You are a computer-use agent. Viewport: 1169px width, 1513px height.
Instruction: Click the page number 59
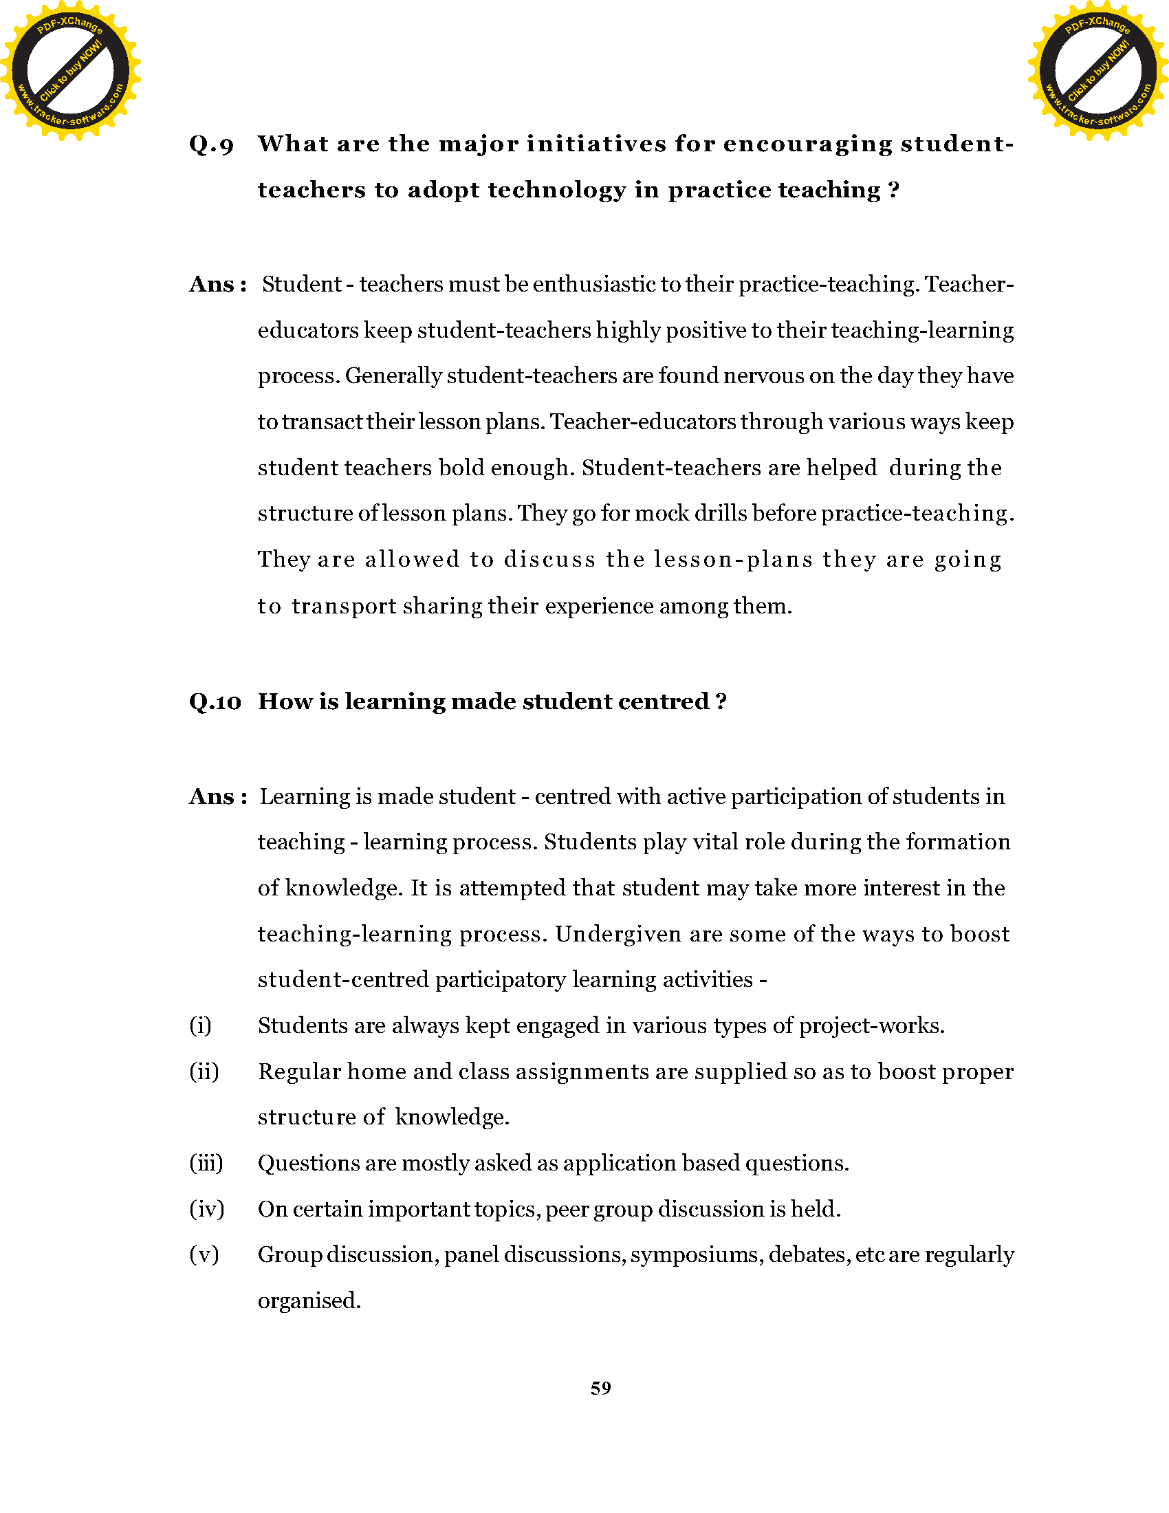coord(600,1388)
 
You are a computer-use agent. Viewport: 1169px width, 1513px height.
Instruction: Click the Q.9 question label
coord(211,145)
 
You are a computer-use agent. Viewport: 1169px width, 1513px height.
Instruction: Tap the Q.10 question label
coord(215,701)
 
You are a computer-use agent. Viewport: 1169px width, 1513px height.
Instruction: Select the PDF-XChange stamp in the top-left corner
coord(70,70)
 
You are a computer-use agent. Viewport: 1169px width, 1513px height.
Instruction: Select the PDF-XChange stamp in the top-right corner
coord(1097,70)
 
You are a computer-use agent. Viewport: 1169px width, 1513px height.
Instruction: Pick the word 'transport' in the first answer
coord(344,606)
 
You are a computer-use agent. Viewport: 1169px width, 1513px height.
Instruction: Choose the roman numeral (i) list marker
coord(200,1025)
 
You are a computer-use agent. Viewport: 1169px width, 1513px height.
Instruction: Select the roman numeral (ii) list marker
coord(204,1071)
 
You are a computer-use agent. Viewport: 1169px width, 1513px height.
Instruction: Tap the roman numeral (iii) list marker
coord(206,1162)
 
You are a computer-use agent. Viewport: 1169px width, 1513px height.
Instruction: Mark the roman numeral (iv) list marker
coord(206,1209)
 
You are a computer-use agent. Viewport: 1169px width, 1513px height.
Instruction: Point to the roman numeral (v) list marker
coord(204,1254)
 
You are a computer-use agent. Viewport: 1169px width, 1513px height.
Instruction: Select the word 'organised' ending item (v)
coord(308,1300)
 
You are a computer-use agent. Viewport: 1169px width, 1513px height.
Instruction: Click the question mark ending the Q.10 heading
coord(721,701)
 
